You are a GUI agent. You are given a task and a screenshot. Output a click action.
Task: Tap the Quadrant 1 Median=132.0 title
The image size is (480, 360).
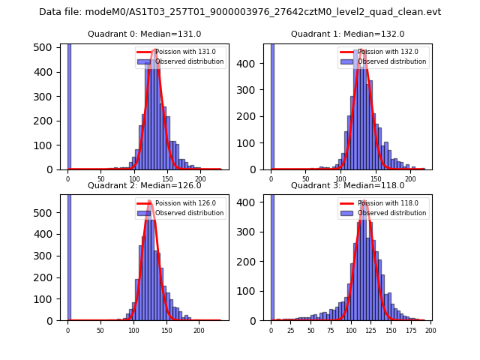tap(347, 34)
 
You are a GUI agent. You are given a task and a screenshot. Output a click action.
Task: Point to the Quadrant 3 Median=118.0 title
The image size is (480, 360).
tap(347, 185)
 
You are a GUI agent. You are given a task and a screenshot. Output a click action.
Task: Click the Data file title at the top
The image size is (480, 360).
tap(240, 12)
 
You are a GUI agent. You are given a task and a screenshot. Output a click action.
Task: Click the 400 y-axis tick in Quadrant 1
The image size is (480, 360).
tap(250, 64)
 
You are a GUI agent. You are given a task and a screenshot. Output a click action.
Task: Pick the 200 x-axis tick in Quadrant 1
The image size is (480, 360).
tap(410, 178)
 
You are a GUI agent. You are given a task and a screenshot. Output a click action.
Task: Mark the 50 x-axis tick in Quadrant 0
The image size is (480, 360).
tap(100, 178)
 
